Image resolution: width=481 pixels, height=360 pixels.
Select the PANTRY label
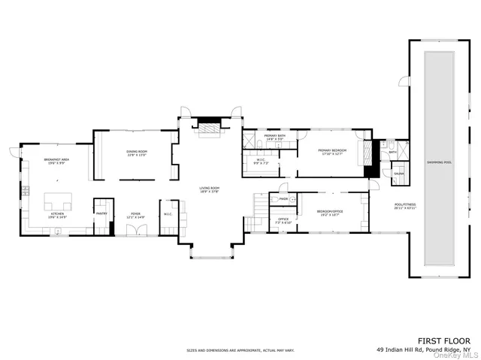[101, 213]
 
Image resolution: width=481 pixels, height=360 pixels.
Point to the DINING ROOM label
[137, 153]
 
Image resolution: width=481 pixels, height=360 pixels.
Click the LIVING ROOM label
[209, 188]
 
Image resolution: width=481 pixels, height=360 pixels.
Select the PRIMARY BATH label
[274, 135]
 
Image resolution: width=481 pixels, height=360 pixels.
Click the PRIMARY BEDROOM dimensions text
[330, 155]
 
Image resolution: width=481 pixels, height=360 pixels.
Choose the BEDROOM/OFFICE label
[330, 211]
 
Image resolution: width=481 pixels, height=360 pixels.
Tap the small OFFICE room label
[283, 219]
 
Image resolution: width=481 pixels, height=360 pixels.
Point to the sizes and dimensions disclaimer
[240, 350]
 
